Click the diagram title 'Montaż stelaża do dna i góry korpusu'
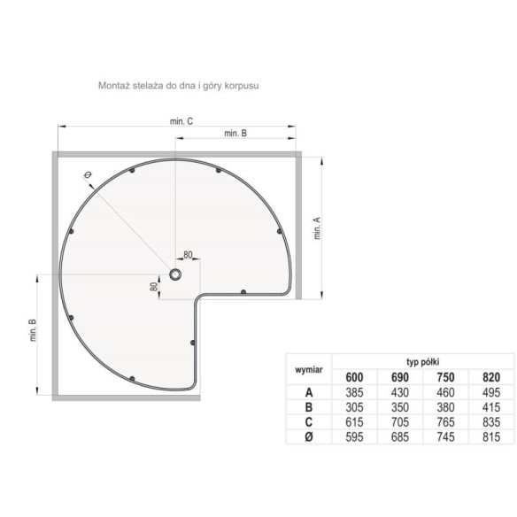pyautogui.click(x=177, y=87)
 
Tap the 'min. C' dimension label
pyautogui.click(x=183, y=121)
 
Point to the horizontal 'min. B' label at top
pyautogui.click(x=235, y=133)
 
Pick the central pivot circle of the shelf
pyautogui.click(x=176, y=275)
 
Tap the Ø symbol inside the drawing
pyautogui.click(x=89, y=176)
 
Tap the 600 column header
pyautogui.click(x=353, y=376)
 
